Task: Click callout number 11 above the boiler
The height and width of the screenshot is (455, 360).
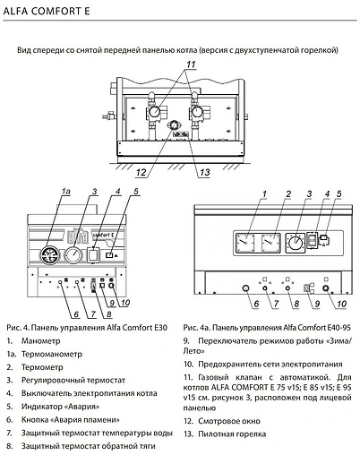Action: [190, 64]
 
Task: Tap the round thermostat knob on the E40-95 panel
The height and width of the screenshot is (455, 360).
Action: [295, 243]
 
